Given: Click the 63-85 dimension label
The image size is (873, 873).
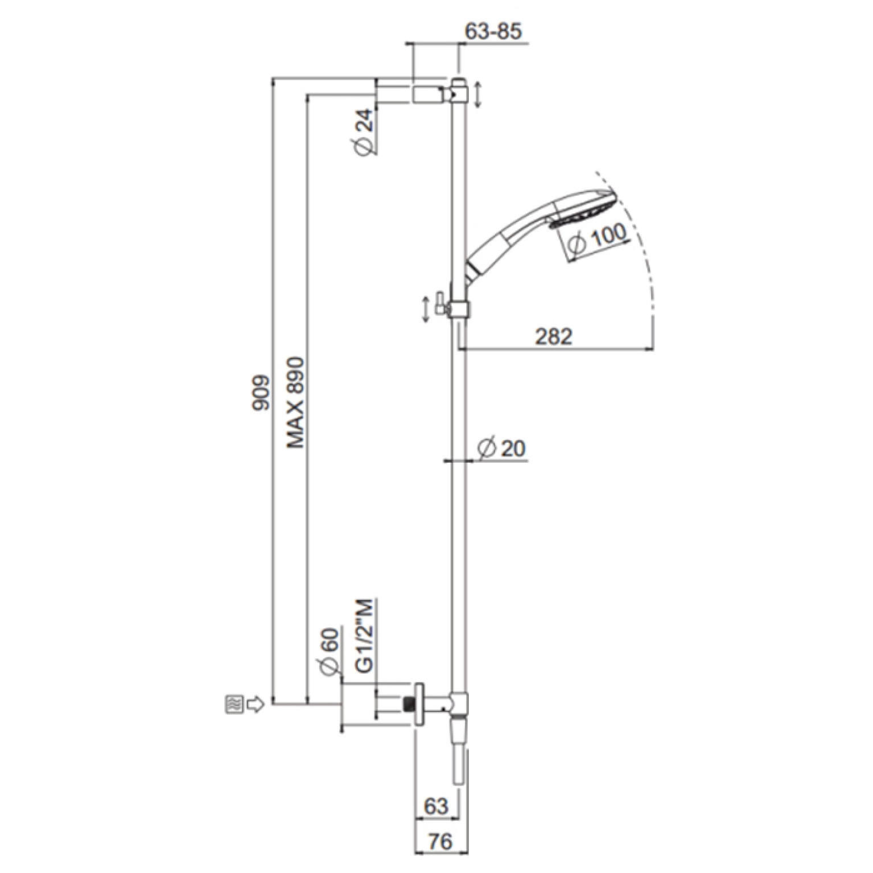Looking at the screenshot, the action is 493,31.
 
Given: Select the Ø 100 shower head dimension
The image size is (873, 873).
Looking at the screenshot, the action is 598,238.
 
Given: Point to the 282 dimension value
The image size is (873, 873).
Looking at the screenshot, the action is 554,336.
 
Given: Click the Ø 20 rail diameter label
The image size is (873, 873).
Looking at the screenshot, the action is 501,448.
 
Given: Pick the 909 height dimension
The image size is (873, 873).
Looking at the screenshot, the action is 260,392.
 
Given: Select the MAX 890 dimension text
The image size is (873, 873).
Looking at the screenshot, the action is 295,402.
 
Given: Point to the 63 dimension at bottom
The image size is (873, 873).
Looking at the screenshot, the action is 436,806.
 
